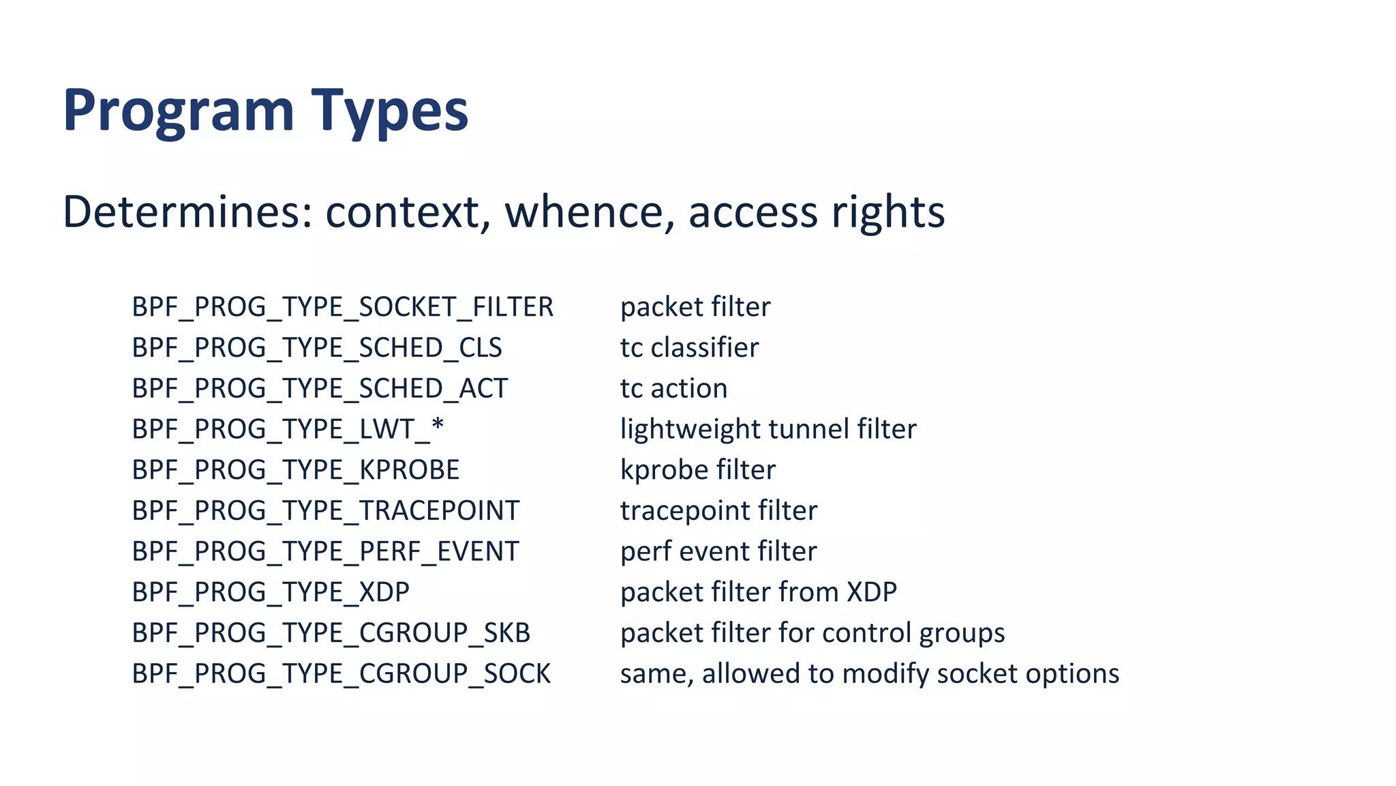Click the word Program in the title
pos(179,111)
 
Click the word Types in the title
pos(390,111)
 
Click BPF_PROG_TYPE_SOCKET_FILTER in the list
pos(342,307)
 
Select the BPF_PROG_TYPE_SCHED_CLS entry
pos(317,348)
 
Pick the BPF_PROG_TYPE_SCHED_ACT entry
pos(320,389)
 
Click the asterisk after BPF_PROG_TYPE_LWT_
pos(438,426)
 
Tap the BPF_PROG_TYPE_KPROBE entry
pos(296,470)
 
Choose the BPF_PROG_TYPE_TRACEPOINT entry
pos(325,511)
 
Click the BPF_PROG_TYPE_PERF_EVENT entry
pos(325,551)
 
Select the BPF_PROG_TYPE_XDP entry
pos(271,592)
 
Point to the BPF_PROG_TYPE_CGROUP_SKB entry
pos(331,633)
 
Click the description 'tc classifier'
pos(689,348)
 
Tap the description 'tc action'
pos(673,389)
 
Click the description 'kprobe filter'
pos(697,470)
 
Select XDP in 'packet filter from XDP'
pos(872,592)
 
